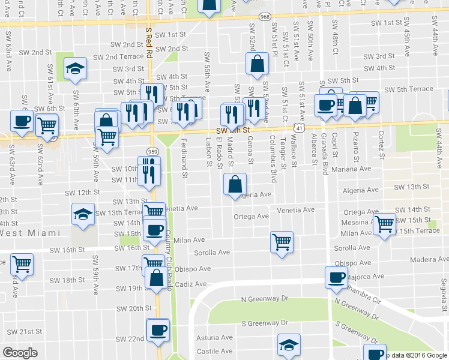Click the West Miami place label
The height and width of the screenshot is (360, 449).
30,233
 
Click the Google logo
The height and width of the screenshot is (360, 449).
20,353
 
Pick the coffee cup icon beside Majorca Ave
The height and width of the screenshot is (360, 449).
336,277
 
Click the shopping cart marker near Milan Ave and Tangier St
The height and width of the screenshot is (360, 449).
282,242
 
